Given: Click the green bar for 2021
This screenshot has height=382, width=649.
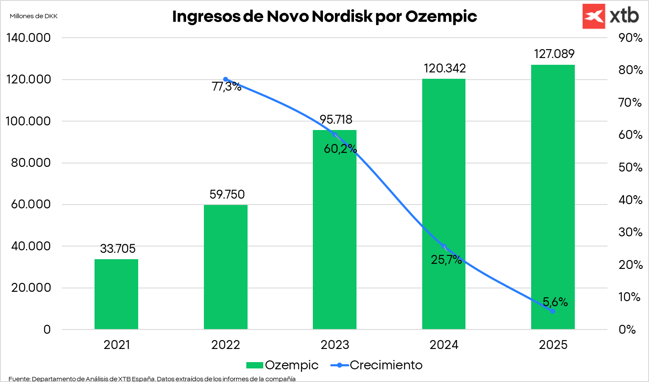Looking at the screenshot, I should pos(116,294).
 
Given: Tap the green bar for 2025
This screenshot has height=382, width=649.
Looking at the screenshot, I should pos(553,197).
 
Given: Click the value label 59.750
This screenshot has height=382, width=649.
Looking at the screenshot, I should pos(227,194).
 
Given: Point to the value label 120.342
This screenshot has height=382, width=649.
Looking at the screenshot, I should pos(445,68).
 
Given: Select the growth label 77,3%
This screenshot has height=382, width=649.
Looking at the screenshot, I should pos(226,87).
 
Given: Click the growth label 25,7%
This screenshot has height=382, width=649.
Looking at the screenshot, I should pos(446,260).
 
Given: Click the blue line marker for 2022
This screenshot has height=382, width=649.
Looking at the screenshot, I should pos(226,79).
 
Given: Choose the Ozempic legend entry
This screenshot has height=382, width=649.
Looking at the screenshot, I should pos(282,365).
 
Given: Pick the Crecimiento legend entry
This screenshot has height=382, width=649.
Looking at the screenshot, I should pos(376,365).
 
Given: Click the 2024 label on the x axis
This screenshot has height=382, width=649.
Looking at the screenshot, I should pos(444,345).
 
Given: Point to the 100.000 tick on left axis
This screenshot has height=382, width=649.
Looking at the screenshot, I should pos(28,121).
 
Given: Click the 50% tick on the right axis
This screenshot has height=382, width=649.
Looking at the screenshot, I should pos(630,167).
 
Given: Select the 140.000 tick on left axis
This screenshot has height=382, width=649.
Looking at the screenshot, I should pos(28,38).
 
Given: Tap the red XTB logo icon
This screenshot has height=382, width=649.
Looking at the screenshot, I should pos(593,17).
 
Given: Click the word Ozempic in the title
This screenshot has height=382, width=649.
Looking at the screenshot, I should pos(441,17).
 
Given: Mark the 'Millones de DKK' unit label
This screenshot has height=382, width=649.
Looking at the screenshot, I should pos(33,16).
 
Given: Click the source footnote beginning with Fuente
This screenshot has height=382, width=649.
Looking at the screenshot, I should pos(152,379).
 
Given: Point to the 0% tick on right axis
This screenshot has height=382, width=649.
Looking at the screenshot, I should pos(627,329).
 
